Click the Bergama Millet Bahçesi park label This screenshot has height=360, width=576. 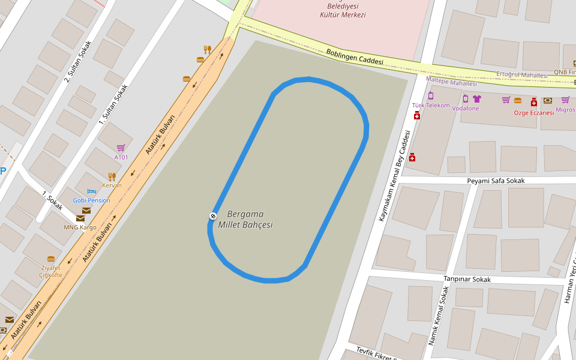[250, 220]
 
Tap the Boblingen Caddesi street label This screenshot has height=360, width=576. [354, 57]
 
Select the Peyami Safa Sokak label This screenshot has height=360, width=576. [496, 181]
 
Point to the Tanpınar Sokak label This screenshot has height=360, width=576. [467, 280]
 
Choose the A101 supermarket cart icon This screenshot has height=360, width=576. [121, 148]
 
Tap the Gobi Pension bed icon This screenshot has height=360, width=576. [92, 191]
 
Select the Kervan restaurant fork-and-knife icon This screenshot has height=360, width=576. [112, 176]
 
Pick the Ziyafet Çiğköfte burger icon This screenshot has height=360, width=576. [51, 259]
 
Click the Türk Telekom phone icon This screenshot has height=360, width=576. [430, 96]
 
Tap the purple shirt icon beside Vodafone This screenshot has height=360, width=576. [477, 99]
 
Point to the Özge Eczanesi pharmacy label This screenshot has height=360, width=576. [533, 113]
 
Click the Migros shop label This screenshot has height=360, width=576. [565, 110]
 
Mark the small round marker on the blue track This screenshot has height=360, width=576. [212, 216]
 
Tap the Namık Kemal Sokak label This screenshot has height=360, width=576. [437, 316]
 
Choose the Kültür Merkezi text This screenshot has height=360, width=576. [343, 15]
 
